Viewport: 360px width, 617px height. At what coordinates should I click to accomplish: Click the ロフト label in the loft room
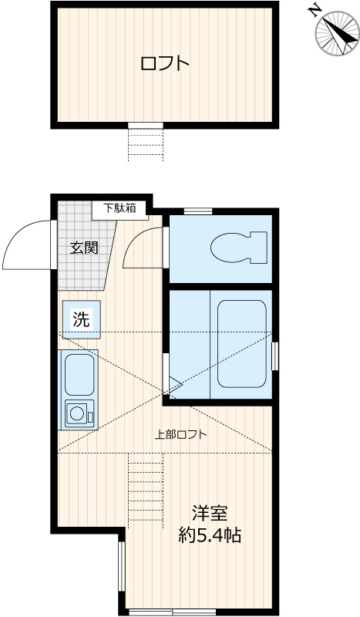[x=164, y=63]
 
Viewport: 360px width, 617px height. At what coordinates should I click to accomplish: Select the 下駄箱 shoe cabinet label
[x=120, y=207]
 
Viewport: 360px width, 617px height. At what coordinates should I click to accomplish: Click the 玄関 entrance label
[x=84, y=248]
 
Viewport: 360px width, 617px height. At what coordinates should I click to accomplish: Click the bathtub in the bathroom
[x=242, y=343]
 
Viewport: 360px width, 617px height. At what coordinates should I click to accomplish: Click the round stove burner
[x=78, y=413]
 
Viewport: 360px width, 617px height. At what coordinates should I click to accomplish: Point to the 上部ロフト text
[x=181, y=434]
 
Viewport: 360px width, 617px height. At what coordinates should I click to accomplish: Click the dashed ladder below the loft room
[x=145, y=144]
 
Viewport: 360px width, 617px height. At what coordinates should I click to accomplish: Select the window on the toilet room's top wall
[x=198, y=211]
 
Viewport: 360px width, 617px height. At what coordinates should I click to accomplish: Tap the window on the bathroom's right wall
[x=274, y=356]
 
